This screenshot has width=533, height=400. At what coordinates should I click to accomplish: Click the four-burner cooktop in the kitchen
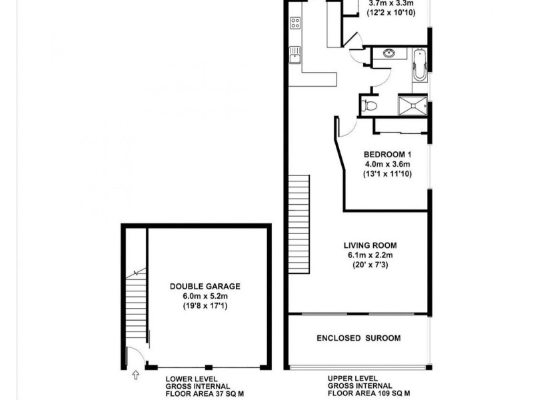tap(295, 23)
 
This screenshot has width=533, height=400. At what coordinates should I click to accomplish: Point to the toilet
tap(370, 105)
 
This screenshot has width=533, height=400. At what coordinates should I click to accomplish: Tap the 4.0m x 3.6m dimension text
tap(386, 164)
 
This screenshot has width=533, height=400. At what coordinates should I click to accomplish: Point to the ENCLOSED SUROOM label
tap(358, 338)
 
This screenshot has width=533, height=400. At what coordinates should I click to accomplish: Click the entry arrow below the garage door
tap(136, 377)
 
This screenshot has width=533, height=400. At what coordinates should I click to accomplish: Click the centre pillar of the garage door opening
tap(209, 367)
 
